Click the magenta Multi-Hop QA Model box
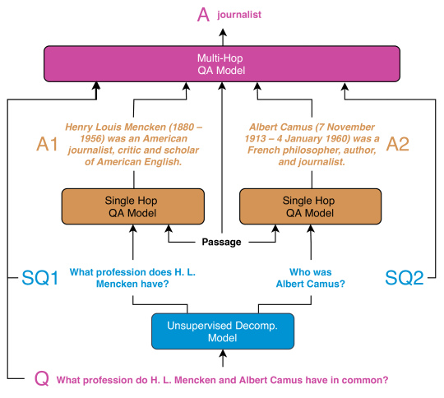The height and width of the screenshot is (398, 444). click(222, 64)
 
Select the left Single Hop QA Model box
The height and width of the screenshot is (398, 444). click(133, 206)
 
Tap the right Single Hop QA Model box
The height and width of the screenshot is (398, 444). click(310, 206)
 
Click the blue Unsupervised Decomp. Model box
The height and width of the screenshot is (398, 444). click(223, 331)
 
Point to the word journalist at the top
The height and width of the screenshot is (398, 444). click(239, 15)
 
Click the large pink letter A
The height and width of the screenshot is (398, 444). click(203, 15)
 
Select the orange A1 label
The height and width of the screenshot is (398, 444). click(48, 144)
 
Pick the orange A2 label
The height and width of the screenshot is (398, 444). click(398, 144)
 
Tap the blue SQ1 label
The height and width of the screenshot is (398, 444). click(40, 278)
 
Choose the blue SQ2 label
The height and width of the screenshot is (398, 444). click(405, 278)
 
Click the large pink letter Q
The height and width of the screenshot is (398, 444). click(42, 378)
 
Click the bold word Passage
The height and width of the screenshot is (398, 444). click(221, 242)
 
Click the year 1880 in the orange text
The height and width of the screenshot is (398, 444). click(183, 127)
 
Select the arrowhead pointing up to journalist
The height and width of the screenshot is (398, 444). click(223, 32)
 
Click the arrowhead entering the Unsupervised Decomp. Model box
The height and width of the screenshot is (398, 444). click(223, 354)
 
